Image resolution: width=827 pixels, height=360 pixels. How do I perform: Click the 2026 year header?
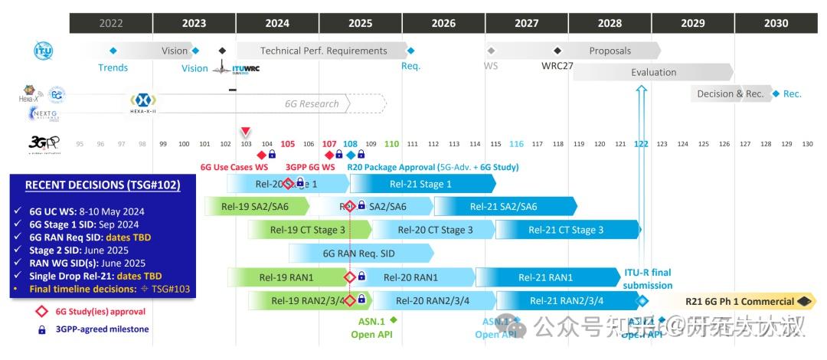(x=443, y=23)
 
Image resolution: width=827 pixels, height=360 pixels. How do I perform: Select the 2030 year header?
(x=776, y=23)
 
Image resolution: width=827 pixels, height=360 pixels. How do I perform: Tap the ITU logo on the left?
(x=43, y=51)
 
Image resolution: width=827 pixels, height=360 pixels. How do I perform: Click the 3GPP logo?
(x=40, y=143)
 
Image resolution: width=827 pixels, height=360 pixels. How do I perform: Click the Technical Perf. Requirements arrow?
(x=323, y=51)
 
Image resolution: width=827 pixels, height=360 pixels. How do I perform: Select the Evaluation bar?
(x=653, y=72)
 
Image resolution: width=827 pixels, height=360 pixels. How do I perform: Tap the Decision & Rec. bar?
(x=730, y=93)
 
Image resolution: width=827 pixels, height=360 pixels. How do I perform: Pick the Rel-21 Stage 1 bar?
(x=421, y=184)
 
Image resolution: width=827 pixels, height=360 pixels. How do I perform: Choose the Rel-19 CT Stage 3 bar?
(x=308, y=230)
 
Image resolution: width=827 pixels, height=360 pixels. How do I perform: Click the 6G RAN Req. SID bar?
(x=359, y=253)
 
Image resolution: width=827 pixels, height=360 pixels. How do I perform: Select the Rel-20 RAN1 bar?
(x=410, y=277)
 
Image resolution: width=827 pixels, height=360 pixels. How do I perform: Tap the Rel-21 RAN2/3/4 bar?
(x=567, y=301)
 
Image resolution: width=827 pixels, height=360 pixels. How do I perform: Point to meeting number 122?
(x=641, y=144)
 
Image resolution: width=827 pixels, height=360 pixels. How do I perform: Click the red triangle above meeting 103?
(x=245, y=131)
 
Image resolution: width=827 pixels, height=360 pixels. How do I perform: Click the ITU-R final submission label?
(x=647, y=279)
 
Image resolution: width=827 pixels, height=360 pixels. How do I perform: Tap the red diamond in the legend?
(x=41, y=312)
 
